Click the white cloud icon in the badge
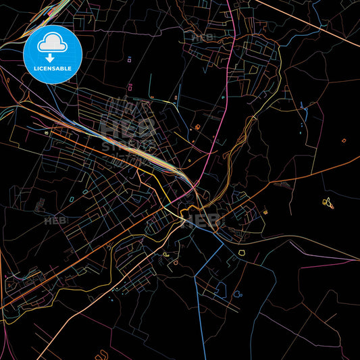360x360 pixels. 53,44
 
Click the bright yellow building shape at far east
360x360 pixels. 328,202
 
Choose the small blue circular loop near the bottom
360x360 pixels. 237,294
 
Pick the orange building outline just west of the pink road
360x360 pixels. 197,126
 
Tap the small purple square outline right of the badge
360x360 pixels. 129,59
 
